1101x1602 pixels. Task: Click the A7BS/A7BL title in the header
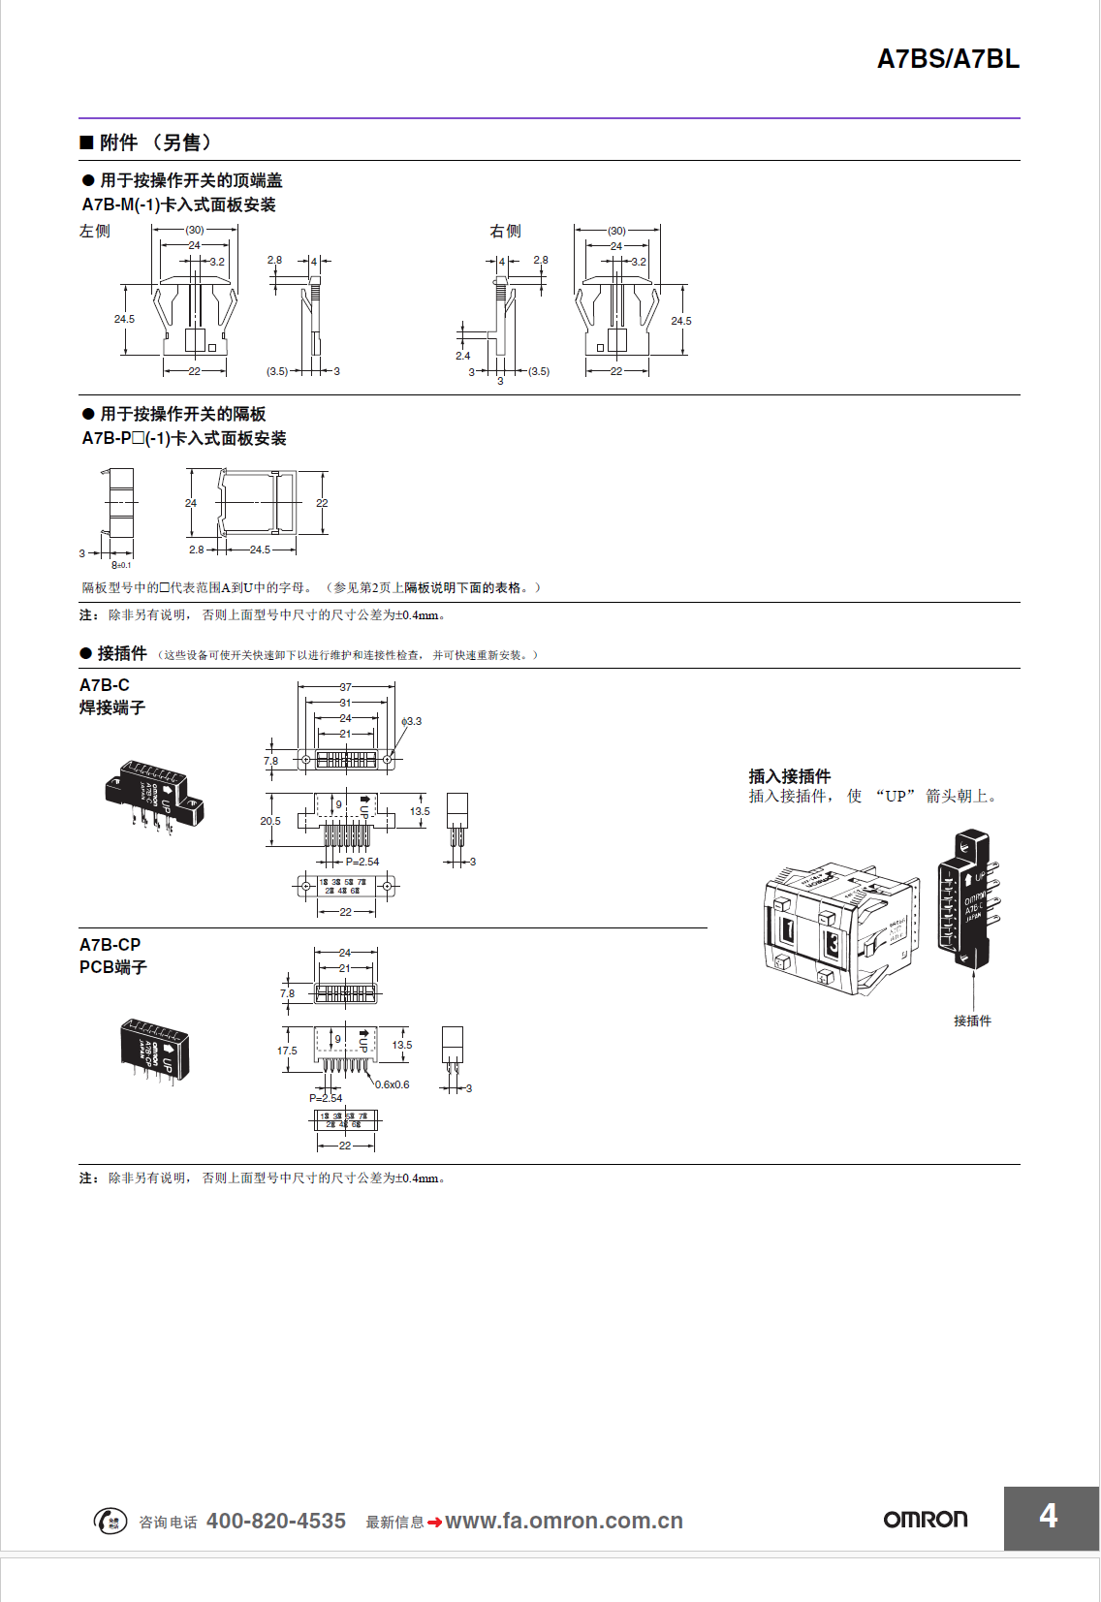click(x=948, y=59)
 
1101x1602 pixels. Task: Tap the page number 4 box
click(x=1051, y=1517)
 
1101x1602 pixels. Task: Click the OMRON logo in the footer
click(x=925, y=1519)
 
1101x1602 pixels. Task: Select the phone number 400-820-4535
click(x=276, y=1521)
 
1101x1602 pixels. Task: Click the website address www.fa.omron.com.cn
click(x=563, y=1521)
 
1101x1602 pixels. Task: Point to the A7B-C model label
click(x=105, y=685)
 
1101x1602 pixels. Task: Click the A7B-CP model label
click(x=110, y=945)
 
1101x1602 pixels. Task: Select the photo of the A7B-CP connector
click(x=154, y=1050)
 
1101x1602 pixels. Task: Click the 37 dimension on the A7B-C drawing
click(x=345, y=687)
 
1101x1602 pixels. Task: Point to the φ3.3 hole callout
click(x=412, y=721)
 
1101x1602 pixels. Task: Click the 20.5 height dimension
click(x=270, y=821)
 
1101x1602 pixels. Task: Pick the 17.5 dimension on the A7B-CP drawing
click(x=287, y=1051)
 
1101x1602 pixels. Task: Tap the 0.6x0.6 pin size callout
click(x=393, y=1084)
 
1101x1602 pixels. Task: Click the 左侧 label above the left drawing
click(x=95, y=231)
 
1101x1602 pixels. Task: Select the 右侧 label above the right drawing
click(x=505, y=231)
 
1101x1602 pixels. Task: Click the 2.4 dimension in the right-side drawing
click(x=462, y=356)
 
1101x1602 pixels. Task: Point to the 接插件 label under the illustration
click(x=972, y=1021)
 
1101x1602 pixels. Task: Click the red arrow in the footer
click(x=434, y=1523)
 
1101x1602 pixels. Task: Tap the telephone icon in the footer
click(x=110, y=1521)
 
